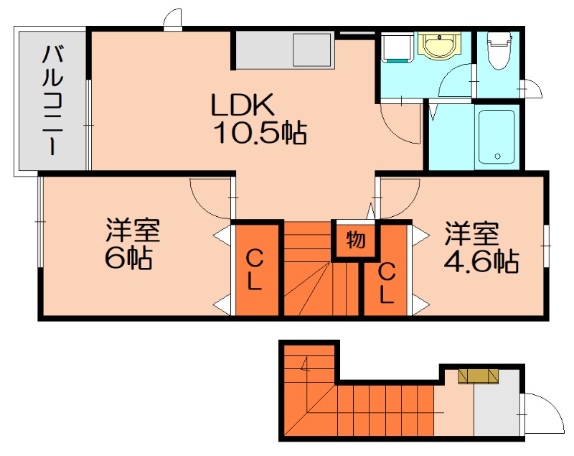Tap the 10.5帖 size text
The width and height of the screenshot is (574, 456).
coord(260,133)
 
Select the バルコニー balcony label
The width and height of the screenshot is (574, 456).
coord(52,101)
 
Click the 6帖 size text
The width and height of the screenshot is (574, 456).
coord(128,258)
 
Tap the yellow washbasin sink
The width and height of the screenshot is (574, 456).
coord(437,47)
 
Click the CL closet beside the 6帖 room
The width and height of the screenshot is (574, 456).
coord(255,269)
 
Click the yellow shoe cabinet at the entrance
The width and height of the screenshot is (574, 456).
coord(478,376)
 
